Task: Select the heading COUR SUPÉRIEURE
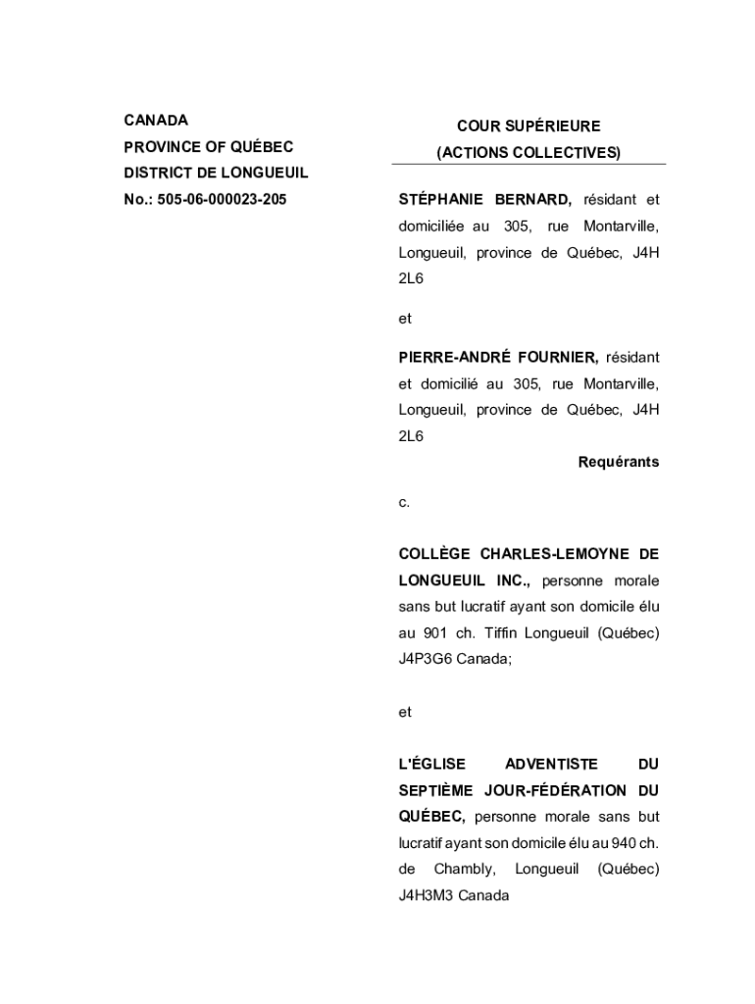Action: tap(528, 126)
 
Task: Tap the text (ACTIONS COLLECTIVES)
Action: tap(528, 153)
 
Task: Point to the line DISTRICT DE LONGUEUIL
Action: tap(216, 173)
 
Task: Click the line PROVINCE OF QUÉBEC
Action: tap(209, 147)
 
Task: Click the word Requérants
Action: tap(619, 462)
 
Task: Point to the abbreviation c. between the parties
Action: tap(404, 503)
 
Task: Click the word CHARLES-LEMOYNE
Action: tap(555, 555)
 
